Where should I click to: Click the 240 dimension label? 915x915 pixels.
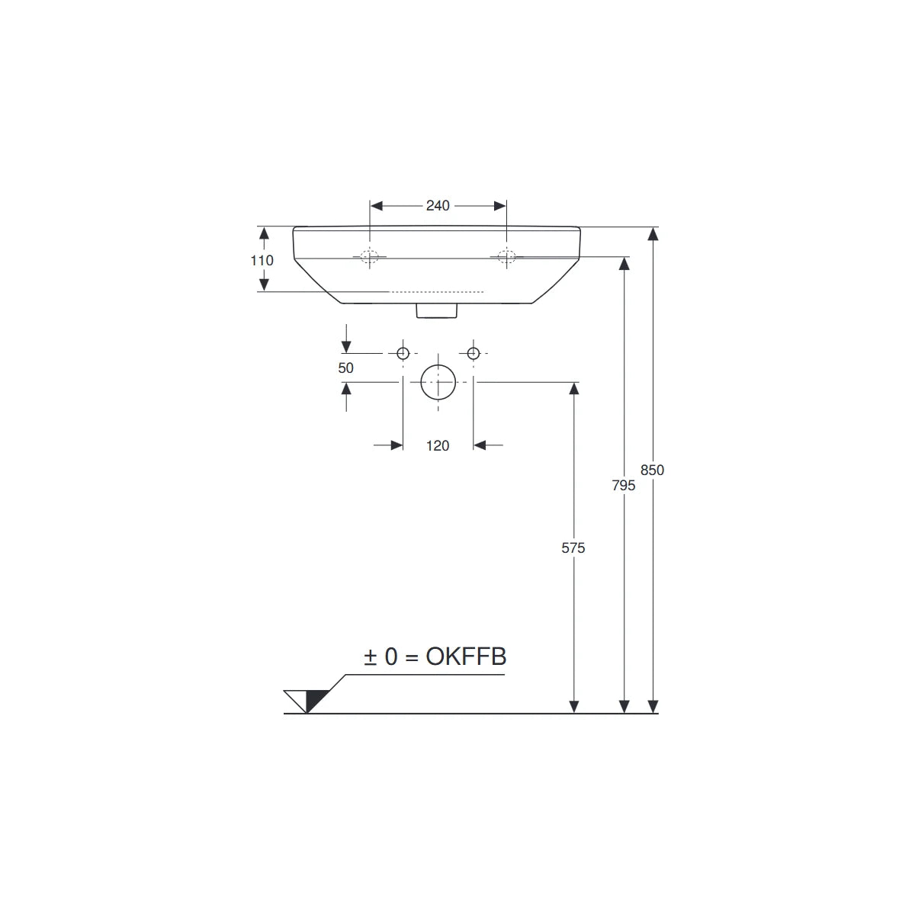tap(438, 206)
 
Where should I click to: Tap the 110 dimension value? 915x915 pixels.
tap(262, 260)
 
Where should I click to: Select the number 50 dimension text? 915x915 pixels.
tap(345, 368)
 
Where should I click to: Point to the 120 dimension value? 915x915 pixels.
tap(438, 446)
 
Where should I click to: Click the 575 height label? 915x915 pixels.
tap(573, 548)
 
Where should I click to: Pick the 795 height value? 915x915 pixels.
tap(624, 485)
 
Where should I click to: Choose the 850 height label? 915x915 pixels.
tap(652, 470)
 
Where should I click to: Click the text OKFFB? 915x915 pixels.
tap(467, 657)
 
